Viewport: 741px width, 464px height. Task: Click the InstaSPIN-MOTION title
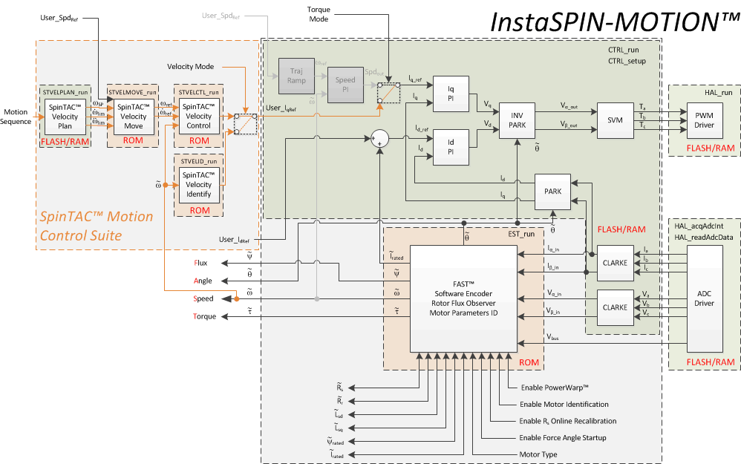pos(613,22)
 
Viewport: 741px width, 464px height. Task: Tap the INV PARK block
pos(518,120)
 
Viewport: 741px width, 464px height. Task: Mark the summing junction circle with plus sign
pos(380,140)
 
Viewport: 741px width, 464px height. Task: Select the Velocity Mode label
pos(190,67)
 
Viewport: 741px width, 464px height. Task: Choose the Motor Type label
pos(538,454)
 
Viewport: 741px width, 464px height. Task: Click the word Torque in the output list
pos(204,316)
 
